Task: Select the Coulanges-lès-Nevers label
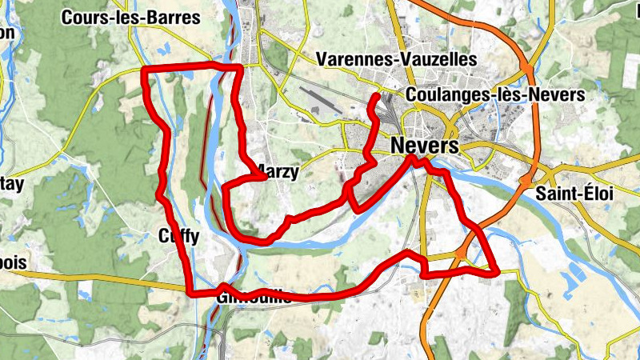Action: pyautogui.click(x=495, y=94)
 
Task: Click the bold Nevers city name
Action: pyautogui.click(x=426, y=146)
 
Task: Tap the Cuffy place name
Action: pyautogui.click(x=178, y=237)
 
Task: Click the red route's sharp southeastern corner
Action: pyautogui.click(x=496, y=273)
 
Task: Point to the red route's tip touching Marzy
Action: pyautogui.click(x=264, y=178)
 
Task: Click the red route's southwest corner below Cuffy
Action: pyautogui.click(x=190, y=292)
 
